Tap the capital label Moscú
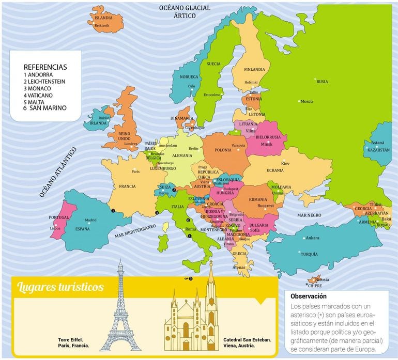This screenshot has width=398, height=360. click(307, 101)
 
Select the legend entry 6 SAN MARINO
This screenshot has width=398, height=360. click(45, 108)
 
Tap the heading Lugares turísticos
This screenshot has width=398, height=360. click(60, 287)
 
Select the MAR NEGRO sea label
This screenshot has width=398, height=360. click(310, 214)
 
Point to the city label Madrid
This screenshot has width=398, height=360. click(90, 220)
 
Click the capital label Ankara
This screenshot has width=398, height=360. click(312, 238)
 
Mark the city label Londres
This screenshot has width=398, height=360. click(131, 144)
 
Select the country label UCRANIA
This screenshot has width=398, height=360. click(274, 170)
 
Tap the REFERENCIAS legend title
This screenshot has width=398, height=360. click(45, 67)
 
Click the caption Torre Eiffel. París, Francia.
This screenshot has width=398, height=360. click(74, 342)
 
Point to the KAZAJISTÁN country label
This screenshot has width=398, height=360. click(378, 150)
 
